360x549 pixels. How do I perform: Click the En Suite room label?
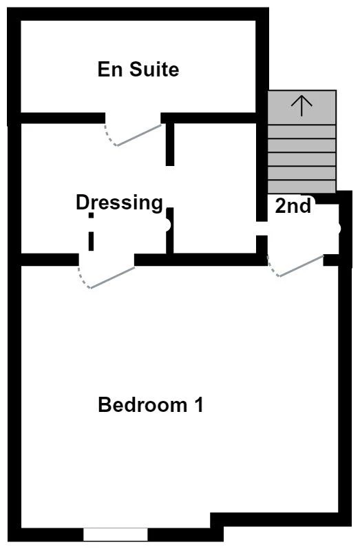[138, 70]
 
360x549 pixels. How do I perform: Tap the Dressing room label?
[119, 203]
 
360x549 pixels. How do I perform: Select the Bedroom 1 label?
[151, 405]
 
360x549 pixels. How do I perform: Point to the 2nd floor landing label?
[293, 206]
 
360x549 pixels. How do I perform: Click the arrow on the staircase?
[301, 104]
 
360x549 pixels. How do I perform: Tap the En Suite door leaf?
[139, 134]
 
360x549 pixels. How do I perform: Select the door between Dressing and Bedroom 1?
[112, 276]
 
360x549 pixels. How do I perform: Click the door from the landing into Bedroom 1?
[301, 266]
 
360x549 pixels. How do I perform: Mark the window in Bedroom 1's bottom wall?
[116, 534]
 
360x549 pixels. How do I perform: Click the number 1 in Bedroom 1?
[198, 405]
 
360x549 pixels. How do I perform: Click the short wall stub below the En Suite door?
[170, 143]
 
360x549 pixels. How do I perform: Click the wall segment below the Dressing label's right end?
[170, 231]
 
